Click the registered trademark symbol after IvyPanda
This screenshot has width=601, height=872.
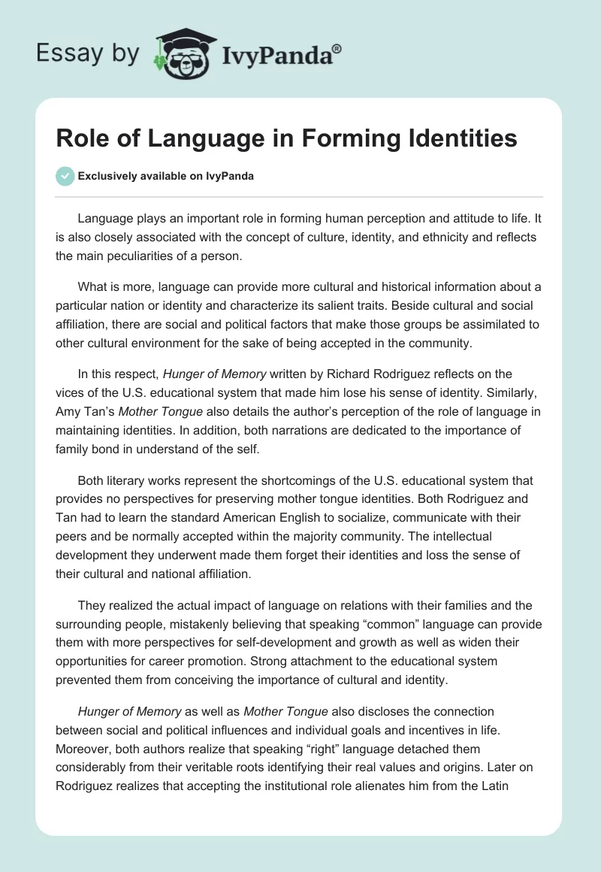click(337, 48)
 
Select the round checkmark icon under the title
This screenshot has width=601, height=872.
click(65, 176)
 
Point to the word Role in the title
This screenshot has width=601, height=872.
click(80, 139)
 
